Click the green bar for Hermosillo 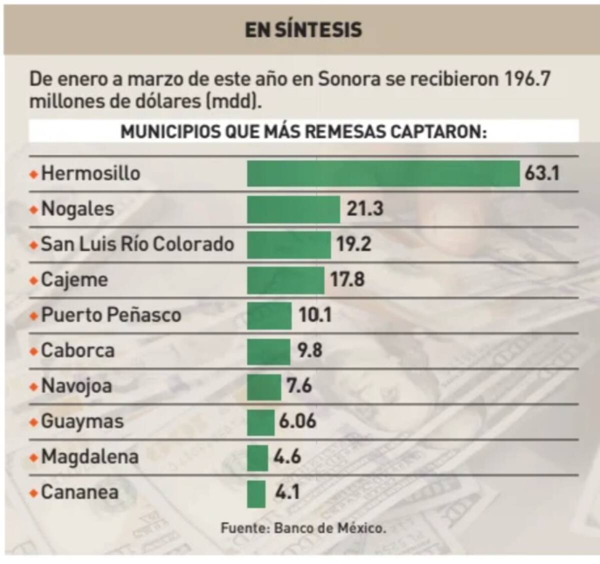coord(383,173)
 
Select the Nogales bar coord(293,209)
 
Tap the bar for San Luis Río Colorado coord(288,244)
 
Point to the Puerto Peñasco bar coord(269,315)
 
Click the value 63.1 coord(542,173)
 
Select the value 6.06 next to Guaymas coord(297,421)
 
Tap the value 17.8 coord(347,279)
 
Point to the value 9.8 coord(310,350)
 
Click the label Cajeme coord(74,279)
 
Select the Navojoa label coord(76,386)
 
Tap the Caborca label coord(77,350)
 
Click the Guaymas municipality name coord(82,421)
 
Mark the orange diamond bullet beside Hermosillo coord(34,174)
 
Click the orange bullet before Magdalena coord(34,457)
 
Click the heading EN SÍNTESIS coord(303,29)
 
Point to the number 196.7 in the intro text coord(527,79)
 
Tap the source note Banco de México coord(330,527)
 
